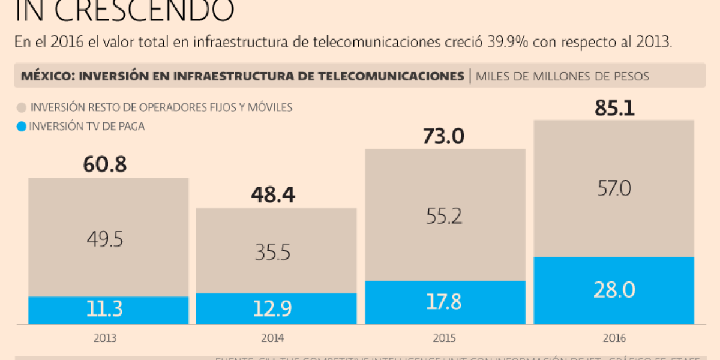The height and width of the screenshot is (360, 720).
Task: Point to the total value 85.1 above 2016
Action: (x=614, y=108)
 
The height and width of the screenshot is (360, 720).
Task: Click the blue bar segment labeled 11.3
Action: (x=108, y=310)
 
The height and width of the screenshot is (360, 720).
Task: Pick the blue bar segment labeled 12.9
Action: (x=276, y=308)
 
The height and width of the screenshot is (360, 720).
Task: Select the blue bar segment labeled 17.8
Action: (x=445, y=302)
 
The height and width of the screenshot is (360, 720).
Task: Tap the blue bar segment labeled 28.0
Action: (x=614, y=290)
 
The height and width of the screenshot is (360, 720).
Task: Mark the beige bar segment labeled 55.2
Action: (x=445, y=215)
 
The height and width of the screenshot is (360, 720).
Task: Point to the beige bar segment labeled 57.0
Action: (x=614, y=188)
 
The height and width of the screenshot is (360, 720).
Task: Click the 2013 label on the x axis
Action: (x=104, y=338)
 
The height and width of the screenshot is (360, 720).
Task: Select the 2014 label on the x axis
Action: (x=272, y=338)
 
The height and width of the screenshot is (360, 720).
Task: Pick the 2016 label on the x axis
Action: (x=614, y=338)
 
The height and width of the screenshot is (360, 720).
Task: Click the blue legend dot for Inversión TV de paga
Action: (x=22, y=126)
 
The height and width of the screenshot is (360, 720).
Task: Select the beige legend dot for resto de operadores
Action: (x=22, y=108)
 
